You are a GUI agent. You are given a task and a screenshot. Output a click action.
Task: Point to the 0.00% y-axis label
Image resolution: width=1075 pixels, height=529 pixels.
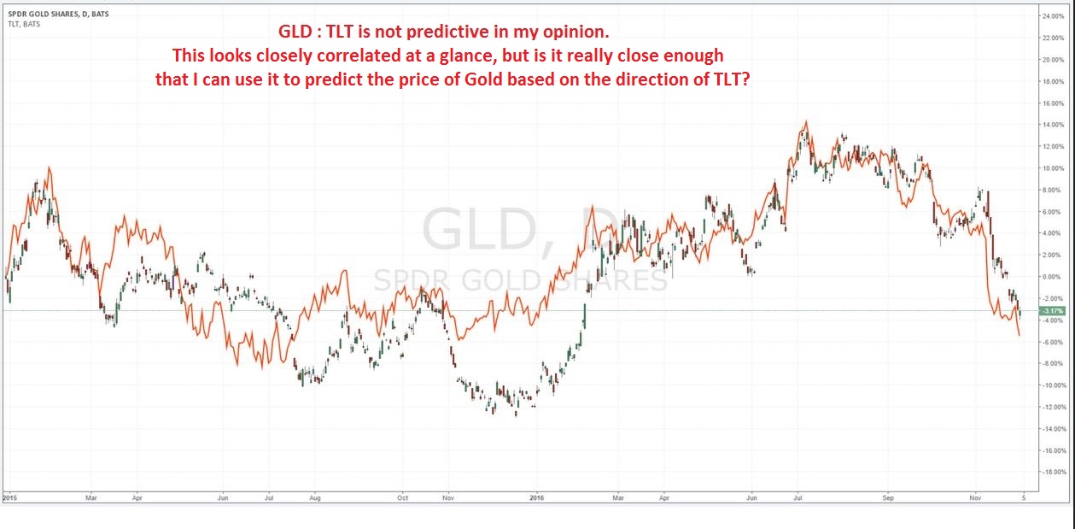point(1051,277)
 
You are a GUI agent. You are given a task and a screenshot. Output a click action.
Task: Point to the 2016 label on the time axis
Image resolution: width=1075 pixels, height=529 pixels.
point(536,497)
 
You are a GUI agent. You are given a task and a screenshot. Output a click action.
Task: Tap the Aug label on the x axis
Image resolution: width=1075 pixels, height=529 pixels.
point(314,497)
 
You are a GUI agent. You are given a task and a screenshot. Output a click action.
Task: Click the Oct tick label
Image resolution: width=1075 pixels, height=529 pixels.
point(403,497)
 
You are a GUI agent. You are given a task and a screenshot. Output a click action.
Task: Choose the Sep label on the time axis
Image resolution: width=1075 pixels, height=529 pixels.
point(887,497)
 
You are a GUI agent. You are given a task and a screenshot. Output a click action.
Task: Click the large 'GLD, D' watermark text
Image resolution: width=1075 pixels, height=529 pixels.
point(520,232)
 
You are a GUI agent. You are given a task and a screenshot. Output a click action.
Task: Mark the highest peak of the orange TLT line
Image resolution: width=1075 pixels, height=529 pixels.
point(804,121)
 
